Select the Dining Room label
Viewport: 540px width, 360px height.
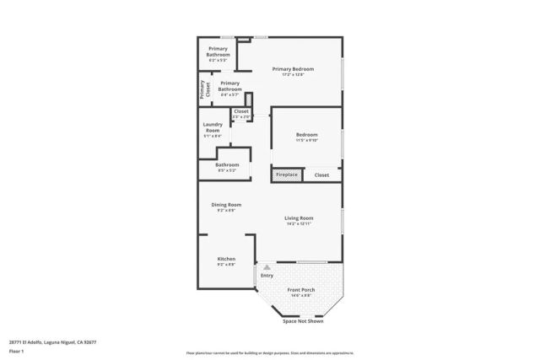click(x=226, y=204)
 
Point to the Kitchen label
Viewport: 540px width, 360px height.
click(x=226, y=258)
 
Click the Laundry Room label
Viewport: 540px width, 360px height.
click(x=213, y=127)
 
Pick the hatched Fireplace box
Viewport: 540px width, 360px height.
click(x=286, y=175)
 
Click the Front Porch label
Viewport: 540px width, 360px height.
click(x=301, y=289)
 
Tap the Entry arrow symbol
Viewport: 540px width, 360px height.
click(x=267, y=267)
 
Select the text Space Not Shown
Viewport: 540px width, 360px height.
click(x=303, y=321)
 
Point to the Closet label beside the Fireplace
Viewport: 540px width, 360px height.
click(x=321, y=175)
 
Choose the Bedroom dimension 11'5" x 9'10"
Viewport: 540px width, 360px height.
click(x=306, y=140)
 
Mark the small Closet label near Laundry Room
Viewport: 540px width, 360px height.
click(x=241, y=111)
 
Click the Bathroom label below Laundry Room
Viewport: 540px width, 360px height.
click(x=227, y=164)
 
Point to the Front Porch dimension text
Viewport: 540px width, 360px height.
click(x=301, y=295)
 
